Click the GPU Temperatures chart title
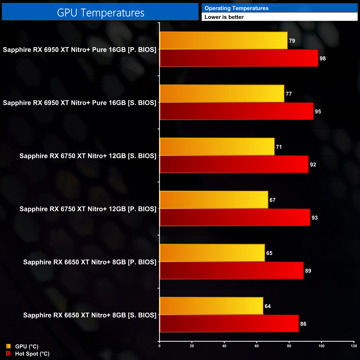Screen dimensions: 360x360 point(101,13)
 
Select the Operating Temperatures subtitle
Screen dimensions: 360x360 point(236,8)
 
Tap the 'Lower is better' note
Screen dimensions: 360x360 point(224,17)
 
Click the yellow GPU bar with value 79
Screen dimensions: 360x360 point(223,41)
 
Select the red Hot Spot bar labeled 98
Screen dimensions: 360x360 point(239,58)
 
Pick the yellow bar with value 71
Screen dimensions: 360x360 point(217,147)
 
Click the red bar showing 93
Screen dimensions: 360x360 point(235,218)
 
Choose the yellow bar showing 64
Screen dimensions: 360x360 point(211,306)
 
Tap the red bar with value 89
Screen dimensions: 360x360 point(232,271)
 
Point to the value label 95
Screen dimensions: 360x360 point(318,112)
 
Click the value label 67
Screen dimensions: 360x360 point(272,200)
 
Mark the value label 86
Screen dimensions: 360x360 point(303,324)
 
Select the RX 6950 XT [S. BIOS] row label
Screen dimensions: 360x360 point(79,103)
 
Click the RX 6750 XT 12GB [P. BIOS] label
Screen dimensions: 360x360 point(88,209)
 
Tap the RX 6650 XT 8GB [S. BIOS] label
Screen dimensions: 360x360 point(90,315)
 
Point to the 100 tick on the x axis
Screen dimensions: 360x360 point(322,346)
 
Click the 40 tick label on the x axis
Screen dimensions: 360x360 point(224,346)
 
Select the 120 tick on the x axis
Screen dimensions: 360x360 point(354,346)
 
